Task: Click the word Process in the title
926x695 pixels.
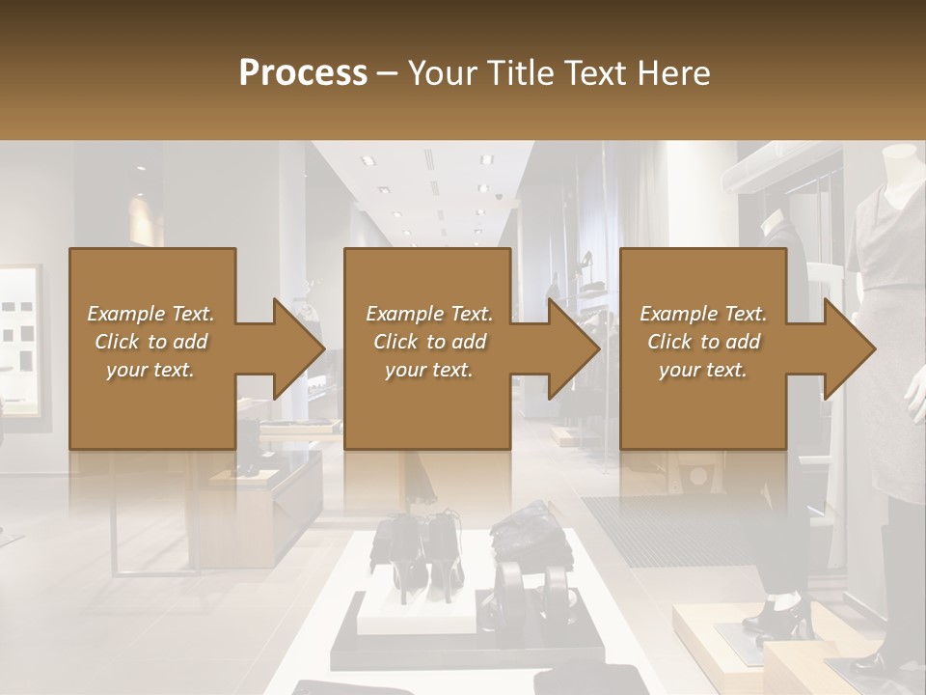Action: [303, 73]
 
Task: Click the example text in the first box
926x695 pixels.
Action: [150, 342]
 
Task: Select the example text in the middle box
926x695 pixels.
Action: [428, 342]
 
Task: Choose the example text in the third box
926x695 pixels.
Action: [702, 342]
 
